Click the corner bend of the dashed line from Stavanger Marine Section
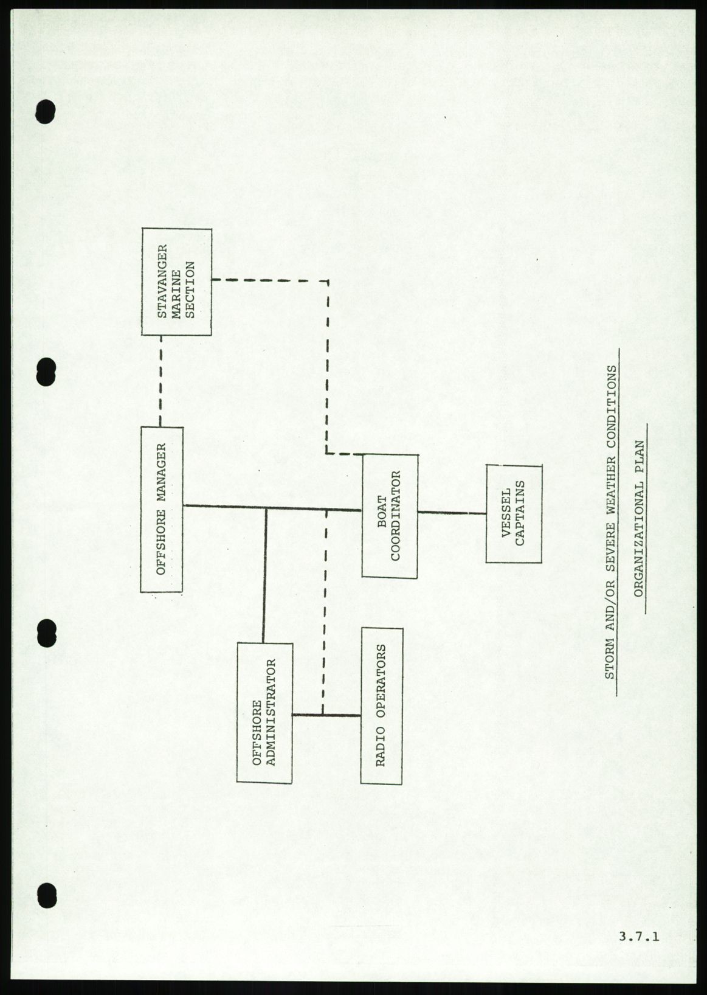point(328,281)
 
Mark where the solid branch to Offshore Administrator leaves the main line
point(266,508)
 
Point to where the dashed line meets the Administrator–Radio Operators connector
point(323,715)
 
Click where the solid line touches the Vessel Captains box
point(486,513)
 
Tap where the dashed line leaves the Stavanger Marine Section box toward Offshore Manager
point(160,335)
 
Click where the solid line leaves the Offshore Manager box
point(183,505)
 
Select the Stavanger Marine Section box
point(177,282)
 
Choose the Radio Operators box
point(382,706)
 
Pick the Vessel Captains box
point(514,513)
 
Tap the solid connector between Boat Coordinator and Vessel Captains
point(452,513)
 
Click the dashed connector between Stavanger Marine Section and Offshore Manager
point(160,381)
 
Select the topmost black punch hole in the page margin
point(46,111)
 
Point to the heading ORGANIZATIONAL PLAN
point(638,518)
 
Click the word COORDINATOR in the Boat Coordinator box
point(395,516)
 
